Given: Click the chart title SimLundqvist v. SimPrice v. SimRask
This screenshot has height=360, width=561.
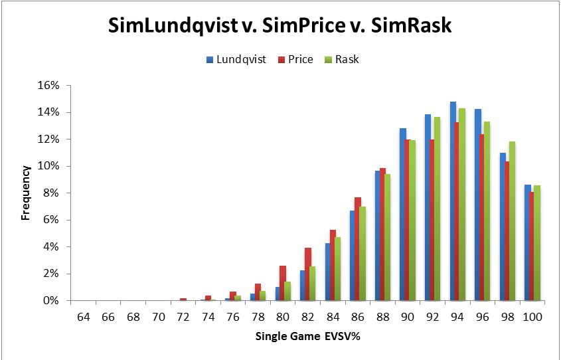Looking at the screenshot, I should pyautogui.click(x=280, y=27).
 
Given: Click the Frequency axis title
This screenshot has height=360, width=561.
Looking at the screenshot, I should pyautogui.click(x=26, y=193).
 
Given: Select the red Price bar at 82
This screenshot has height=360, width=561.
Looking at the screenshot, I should pyautogui.click(x=308, y=274).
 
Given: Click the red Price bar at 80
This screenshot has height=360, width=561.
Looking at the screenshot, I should pyautogui.click(x=283, y=283).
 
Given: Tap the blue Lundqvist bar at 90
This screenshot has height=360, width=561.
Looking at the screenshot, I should pyautogui.click(x=403, y=215).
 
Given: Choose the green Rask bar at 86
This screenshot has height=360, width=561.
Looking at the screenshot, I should pyautogui.click(x=362, y=254).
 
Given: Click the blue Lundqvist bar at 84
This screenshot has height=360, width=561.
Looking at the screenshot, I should pyautogui.click(x=328, y=272).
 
